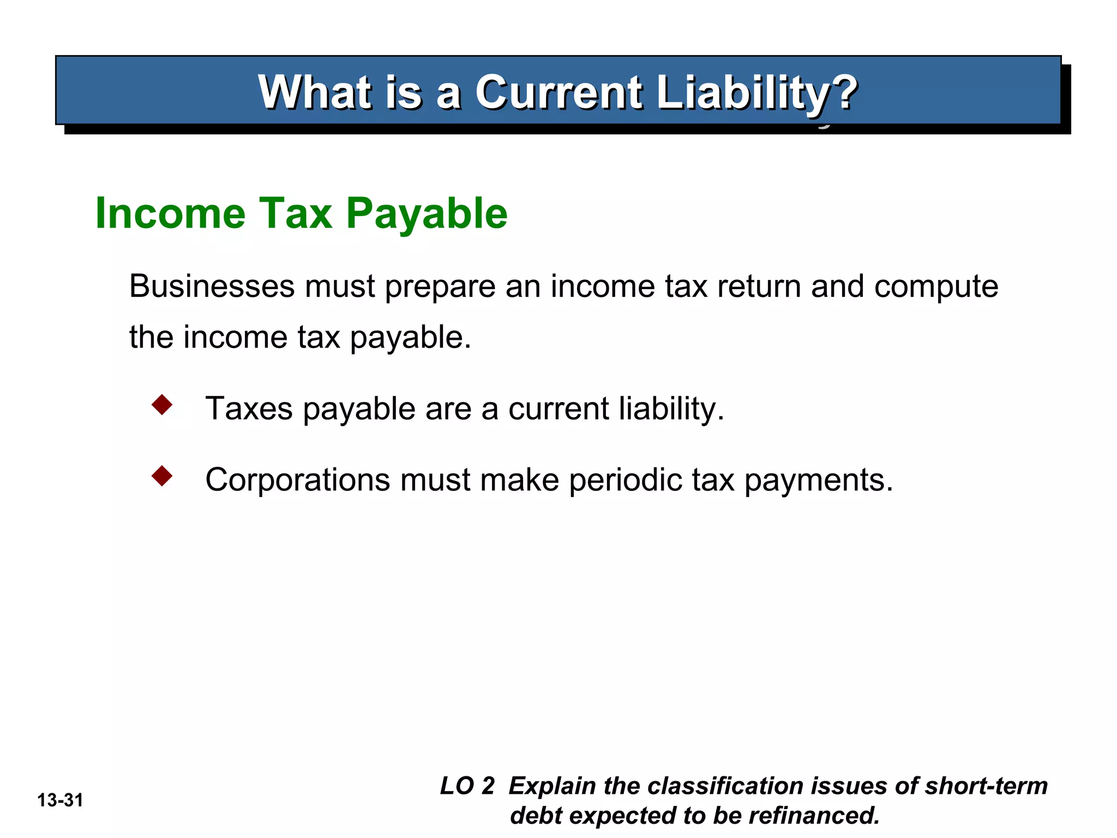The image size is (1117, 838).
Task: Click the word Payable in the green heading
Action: click(427, 213)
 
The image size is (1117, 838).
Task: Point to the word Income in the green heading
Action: click(170, 213)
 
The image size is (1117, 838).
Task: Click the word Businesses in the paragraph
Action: click(212, 286)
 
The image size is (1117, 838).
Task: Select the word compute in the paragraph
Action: click(936, 287)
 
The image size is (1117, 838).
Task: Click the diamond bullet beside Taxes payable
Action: click(162, 405)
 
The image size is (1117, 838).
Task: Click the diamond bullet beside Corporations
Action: click(162, 476)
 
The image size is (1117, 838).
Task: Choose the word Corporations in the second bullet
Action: click(298, 480)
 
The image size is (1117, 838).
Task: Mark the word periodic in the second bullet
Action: click(625, 480)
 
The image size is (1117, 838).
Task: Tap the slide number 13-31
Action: click(60, 800)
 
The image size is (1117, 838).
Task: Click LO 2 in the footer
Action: click(467, 786)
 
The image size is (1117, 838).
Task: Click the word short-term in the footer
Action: click(986, 786)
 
